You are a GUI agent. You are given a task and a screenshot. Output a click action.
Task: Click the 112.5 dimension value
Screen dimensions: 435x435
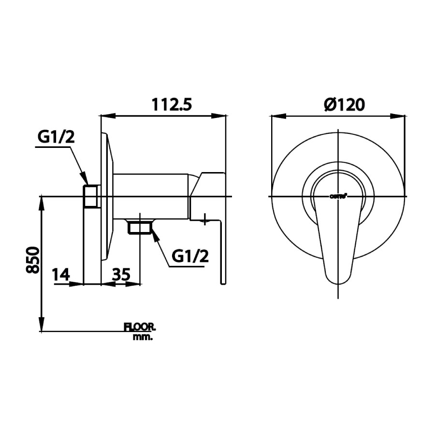point(172,104)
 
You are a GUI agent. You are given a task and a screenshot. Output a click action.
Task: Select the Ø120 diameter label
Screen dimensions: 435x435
point(344,104)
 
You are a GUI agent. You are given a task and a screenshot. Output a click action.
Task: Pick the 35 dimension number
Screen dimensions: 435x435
point(121,275)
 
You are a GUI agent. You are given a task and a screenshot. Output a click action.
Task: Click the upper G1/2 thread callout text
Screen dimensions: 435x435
point(56,137)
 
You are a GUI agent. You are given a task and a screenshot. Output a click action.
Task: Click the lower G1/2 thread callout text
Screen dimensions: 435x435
point(190,256)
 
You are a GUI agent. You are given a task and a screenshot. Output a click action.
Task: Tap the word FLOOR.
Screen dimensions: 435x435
point(140,327)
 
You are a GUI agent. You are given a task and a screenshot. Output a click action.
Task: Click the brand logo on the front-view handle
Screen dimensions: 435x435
point(337,196)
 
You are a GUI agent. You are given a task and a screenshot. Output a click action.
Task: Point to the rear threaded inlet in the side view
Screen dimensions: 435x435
point(91,196)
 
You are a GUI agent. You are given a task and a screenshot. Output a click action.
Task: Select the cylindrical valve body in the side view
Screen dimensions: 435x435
point(152,195)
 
